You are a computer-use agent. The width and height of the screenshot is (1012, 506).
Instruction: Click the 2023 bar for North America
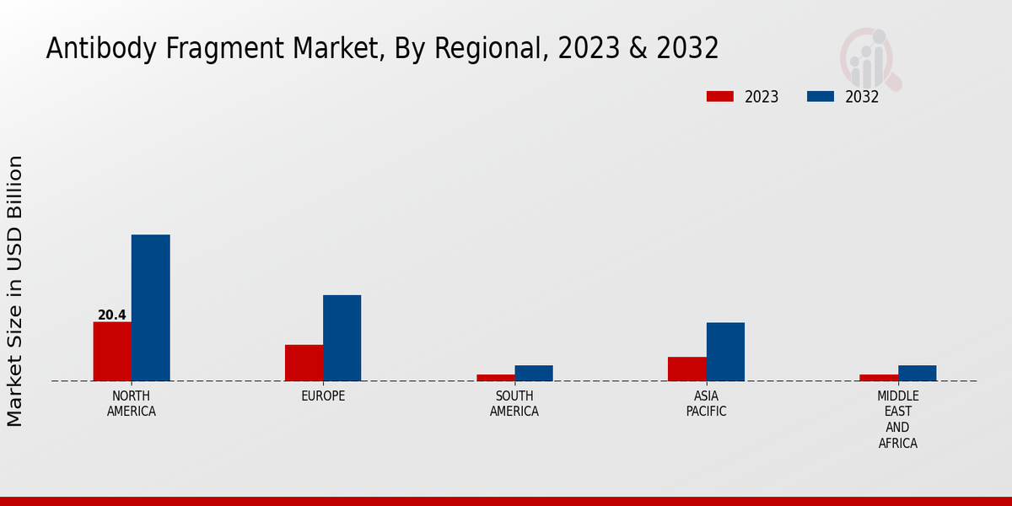click(x=112, y=351)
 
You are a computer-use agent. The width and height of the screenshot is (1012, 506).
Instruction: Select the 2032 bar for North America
click(x=150, y=308)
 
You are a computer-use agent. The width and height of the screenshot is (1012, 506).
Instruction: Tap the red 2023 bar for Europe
click(x=304, y=363)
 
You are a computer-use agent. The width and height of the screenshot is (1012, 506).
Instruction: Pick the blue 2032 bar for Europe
click(x=342, y=337)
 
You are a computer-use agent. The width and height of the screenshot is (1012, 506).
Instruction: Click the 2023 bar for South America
click(x=495, y=377)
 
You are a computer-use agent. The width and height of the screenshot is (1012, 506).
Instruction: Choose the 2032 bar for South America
click(x=534, y=373)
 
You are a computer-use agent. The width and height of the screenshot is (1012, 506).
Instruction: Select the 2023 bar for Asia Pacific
click(x=687, y=369)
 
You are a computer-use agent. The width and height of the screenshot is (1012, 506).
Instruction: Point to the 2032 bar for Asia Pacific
click(x=725, y=351)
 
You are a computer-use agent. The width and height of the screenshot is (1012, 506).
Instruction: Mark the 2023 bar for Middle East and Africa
click(x=879, y=377)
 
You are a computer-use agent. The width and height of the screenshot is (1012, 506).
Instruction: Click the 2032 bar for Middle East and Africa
click(x=917, y=373)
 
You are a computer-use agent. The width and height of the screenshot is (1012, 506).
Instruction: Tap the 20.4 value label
click(x=112, y=315)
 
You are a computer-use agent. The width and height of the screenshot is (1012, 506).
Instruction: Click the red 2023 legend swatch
click(x=719, y=96)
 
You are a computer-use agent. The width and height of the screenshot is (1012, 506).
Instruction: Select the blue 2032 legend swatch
click(x=820, y=96)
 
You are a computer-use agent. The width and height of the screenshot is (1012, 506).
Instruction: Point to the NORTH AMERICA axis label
click(x=132, y=404)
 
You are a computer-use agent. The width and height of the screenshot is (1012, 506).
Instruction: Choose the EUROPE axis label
click(x=323, y=396)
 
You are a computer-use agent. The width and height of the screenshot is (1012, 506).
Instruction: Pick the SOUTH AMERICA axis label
click(x=514, y=404)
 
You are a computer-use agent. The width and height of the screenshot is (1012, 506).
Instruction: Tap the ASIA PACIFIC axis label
click(x=707, y=404)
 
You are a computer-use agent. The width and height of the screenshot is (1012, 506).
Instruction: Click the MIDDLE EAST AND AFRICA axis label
click(x=898, y=419)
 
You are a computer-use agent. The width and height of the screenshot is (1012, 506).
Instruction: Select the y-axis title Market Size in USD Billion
click(x=15, y=291)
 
